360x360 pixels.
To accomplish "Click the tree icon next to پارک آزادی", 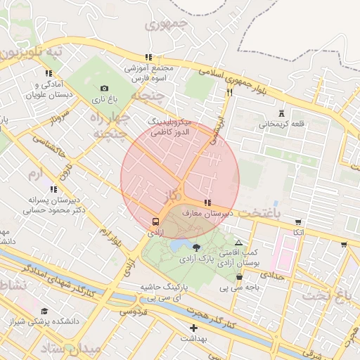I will (196, 247).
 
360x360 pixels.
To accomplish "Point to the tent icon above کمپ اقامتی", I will (238, 243).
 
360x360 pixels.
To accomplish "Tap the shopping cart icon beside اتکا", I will (299, 222).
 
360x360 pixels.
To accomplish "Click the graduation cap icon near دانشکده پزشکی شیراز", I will (44, 311).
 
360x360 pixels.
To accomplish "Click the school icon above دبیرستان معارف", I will (206, 202).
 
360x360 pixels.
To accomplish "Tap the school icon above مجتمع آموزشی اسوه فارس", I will (148, 57).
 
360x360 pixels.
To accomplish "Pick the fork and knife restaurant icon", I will (229, 91).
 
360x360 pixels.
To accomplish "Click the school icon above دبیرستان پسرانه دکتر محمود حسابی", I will (53, 188).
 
